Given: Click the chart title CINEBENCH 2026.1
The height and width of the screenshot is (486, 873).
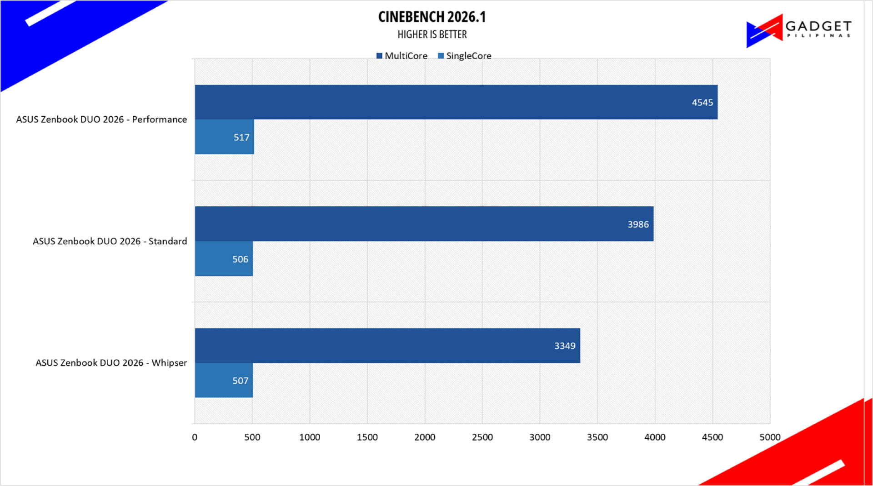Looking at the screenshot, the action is pyautogui.click(x=432, y=17).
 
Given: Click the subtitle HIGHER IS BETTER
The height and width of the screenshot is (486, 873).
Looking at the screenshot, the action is pyautogui.click(x=432, y=35).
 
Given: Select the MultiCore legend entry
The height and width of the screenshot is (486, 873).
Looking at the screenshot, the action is pyautogui.click(x=402, y=56).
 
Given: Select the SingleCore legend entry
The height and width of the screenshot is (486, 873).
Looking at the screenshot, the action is pyautogui.click(x=464, y=56).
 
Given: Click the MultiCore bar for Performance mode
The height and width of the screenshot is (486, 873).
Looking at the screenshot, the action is pyautogui.click(x=456, y=102).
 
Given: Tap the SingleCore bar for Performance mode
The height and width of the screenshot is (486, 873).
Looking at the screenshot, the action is pyautogui.click(x=225, y=137).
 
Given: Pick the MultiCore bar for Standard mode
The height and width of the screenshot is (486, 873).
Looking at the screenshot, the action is pyautogui.click(x=424, y=224).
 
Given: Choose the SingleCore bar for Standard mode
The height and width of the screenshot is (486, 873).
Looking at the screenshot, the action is pyautogui.click(x=224, y=258).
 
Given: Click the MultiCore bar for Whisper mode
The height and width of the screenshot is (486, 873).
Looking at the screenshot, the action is pyautogui.click(x=387, y=346).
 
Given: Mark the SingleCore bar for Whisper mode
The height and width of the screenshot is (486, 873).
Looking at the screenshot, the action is pyautogui.click(x=224, y=380).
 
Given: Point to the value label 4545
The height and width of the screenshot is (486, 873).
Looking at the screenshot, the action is pyautogui.click(x=702, y=103).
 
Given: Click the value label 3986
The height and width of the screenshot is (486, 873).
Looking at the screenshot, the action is pyautogui.click(x=638, y=224).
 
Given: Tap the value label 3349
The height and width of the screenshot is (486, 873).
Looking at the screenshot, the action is pyautogui.click(x=565, y=346).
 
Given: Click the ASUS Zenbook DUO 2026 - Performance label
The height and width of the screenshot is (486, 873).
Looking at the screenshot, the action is pyautogui.click(x=101, y=119).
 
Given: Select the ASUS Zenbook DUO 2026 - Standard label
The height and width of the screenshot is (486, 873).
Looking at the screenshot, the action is pyautogui.click(x=110, y=241).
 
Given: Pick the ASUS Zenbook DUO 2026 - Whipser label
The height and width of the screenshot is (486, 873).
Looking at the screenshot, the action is pyautogui.click(x=111, y=363).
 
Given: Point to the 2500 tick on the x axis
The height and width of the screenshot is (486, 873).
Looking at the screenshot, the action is pyautogui.click(x=482, y=437).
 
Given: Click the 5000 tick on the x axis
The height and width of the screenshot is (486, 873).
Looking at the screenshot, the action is pyautogui.click(x=770, y=437).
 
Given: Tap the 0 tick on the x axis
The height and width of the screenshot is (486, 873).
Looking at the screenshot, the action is pyautogui.click(x=195, y=437).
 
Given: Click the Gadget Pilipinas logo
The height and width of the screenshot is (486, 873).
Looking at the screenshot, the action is pyautogui.click(x=799, y=30).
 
